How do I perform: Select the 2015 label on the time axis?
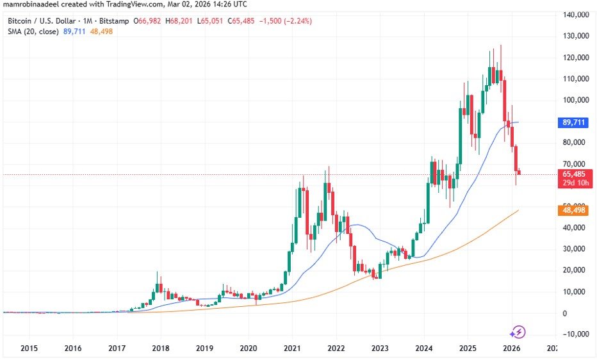29,348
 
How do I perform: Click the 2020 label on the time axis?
248,348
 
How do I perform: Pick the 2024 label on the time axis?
423,348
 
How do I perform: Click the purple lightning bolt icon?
518,332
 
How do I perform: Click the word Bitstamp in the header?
114,21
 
